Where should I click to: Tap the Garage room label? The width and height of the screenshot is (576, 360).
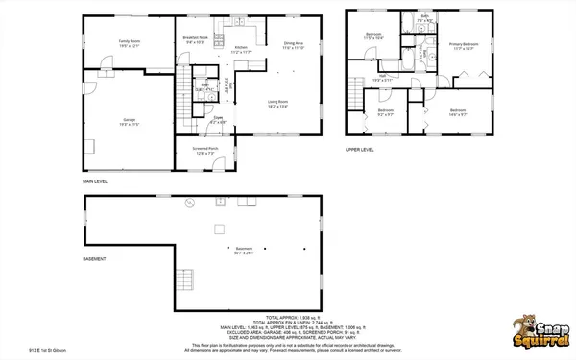click(130, 122)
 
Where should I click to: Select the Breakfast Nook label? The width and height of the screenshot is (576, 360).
click(196, 39)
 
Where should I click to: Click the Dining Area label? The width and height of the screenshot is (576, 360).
click(294, 44)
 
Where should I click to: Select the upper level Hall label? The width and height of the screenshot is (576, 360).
click(382, 78)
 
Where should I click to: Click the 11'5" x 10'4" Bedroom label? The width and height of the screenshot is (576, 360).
click(373, 37)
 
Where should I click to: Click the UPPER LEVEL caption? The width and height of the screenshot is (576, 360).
click(360, 150)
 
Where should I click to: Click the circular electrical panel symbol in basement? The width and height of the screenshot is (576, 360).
click(189, 203)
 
